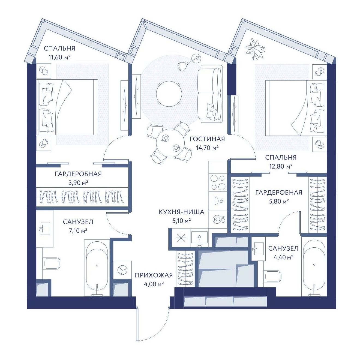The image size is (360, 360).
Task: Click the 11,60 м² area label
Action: (59, 57)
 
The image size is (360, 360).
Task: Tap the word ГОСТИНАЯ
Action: (207, 139)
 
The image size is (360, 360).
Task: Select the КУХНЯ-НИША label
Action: (181, 212)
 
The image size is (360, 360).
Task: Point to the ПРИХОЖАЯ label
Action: (154, 275)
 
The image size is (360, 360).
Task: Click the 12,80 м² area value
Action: (281, 166)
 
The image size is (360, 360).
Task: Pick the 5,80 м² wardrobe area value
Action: (279, 202)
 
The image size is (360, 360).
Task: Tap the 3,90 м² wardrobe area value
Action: (78, 183)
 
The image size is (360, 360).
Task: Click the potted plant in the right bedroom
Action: (255, 49)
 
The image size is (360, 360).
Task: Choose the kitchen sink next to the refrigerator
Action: (199, 237)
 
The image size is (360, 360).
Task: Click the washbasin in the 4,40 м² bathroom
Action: (258, 248)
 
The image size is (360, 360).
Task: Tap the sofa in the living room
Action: (209, 94)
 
